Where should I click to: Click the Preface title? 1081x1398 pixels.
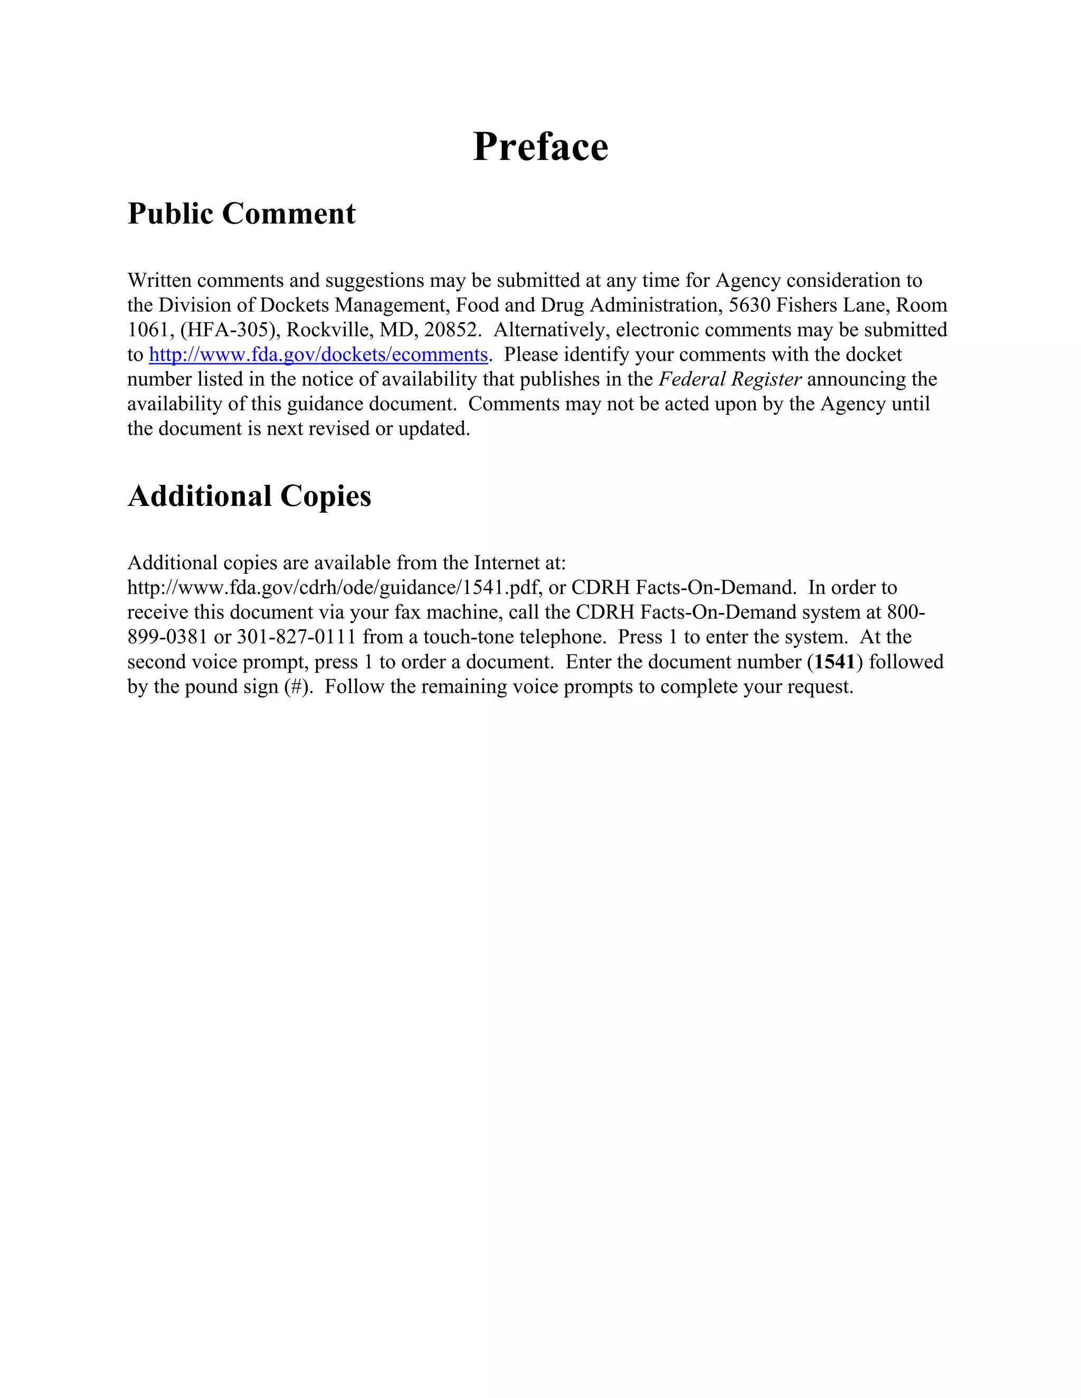click(540, 147)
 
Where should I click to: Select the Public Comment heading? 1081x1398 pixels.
click(241, 213)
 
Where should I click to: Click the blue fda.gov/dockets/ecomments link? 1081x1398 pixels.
click(318, 355)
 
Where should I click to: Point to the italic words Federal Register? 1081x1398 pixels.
click(730, 380)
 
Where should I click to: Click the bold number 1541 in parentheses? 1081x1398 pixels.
click(835, 662)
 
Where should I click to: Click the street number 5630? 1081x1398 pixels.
click(750, 305)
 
